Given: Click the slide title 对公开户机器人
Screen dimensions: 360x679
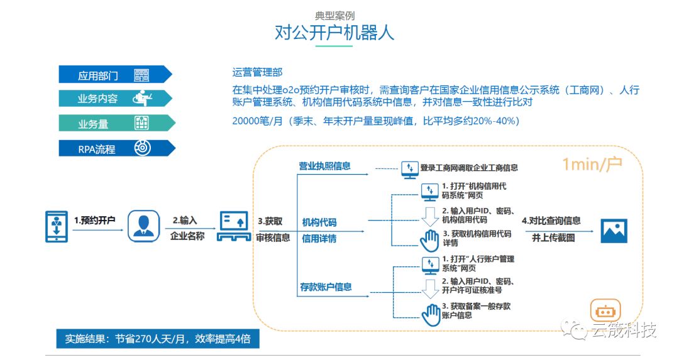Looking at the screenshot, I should pos(334,32).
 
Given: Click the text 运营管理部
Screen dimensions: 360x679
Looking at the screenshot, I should pos(257,73).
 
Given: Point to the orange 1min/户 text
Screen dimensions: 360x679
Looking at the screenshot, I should pos(592,165).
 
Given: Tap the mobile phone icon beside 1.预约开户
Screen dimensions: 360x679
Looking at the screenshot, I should pos(56,226).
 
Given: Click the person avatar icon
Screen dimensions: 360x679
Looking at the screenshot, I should pos(144,226).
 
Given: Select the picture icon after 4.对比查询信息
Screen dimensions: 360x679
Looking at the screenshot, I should pos(614,230).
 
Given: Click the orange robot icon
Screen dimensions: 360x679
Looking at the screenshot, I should pos(605,310).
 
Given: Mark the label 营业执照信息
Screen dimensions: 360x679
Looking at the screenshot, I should pos(324,166).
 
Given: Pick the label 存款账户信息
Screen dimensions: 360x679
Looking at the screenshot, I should pos(325,287).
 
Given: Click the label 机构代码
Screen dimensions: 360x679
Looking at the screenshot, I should pos(319,222).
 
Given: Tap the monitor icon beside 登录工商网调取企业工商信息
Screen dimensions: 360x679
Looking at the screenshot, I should pos(410,168).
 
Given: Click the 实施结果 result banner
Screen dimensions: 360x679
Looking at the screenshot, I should pos(157,339).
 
